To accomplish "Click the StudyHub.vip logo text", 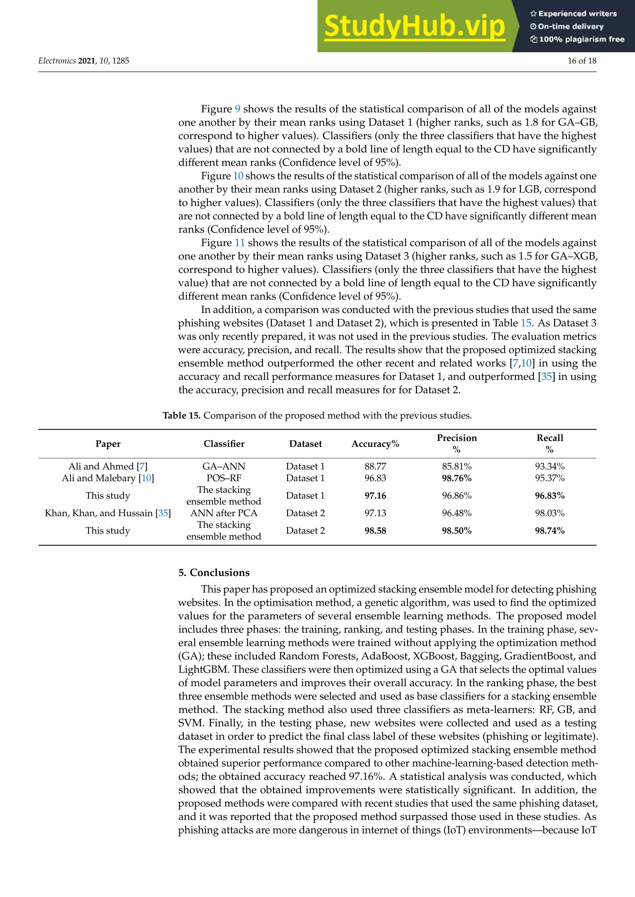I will (415, 27).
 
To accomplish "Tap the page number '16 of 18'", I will (581, 61).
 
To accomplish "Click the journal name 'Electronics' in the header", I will (57, 61).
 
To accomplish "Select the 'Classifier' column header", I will (224, 444).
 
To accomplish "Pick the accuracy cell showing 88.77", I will (375, 466).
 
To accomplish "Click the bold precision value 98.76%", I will (456, 478).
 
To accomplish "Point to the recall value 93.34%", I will (549, 466).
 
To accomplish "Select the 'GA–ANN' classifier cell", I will (224, 466).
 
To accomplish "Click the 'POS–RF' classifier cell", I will (224, 478).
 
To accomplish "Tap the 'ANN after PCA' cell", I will (224, 513).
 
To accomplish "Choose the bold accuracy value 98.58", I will (375, 531).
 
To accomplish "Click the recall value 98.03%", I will (549, 513).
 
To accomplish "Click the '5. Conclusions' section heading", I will (214, 572).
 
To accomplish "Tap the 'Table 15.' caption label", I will (181, 415).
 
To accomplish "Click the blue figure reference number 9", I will (237, 109).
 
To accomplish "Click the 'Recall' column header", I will (549, 438).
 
